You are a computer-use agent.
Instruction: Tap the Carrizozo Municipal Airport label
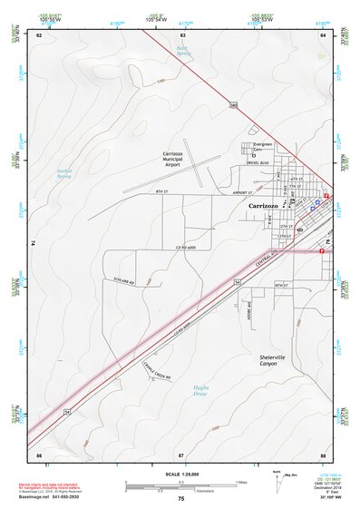click(179, 158)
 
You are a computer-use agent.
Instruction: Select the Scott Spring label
click(184, 54)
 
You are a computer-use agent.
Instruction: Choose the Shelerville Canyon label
click(272, 360)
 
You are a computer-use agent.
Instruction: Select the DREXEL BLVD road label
click(261, 164)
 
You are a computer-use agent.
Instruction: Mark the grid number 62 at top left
click(39, 34)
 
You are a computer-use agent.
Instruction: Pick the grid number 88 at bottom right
click(323, 453)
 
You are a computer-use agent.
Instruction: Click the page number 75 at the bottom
click(180, 498)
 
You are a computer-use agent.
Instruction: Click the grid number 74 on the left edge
click(33, 243)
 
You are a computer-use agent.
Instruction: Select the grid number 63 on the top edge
click(182, 34)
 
